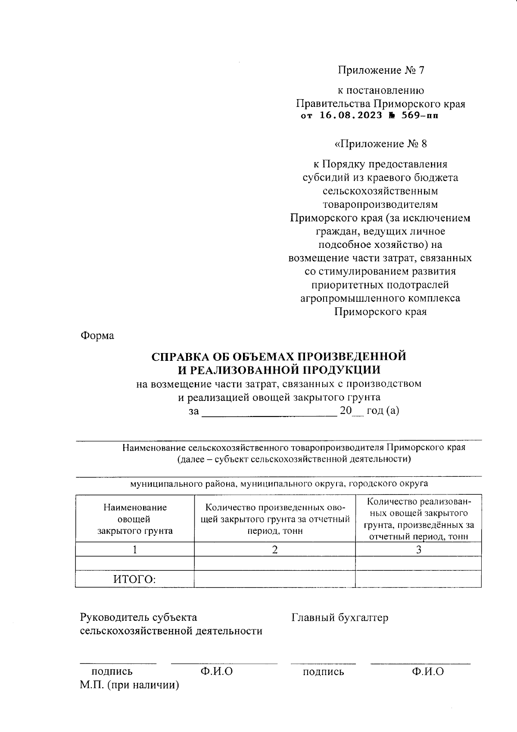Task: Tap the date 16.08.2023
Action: point(351,116)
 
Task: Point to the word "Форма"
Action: point(97,335)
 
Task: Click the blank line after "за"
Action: point(269,412)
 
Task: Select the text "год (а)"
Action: point(382,411)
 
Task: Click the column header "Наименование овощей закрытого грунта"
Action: point(135,519)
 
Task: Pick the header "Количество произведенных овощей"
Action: point(275,519)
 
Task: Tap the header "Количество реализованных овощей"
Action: point(418,519)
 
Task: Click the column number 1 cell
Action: point(135,550)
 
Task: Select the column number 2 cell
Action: point(275,550)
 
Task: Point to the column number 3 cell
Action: point(418,550)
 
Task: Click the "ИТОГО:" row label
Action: point(134,579)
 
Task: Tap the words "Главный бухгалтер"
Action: point(339,618)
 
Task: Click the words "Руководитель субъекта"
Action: point(139,618)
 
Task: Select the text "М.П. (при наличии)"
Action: point(129,685)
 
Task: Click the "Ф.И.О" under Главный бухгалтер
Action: point(427,671)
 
